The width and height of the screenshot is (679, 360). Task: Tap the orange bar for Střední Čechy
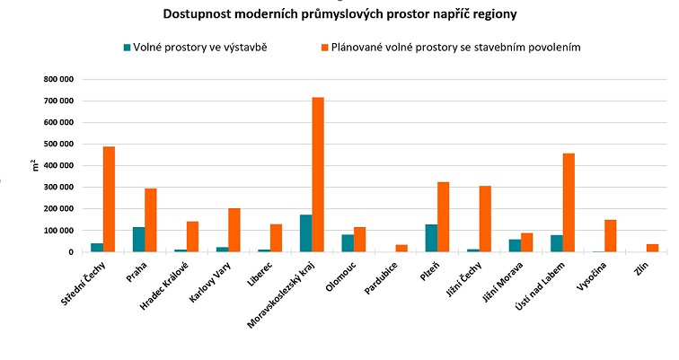pos(109,198)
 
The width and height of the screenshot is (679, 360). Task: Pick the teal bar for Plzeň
pos(431,238)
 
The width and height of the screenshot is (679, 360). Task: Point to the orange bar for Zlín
pos(652,247)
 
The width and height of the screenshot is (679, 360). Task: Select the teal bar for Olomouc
pos(347,242)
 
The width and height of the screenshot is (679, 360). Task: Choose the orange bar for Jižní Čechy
pos(484,218)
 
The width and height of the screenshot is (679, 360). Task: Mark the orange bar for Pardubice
pos(401,248)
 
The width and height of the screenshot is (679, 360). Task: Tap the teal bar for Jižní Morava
pos(514,245)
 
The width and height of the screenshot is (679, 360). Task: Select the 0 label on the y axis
pos(69,252)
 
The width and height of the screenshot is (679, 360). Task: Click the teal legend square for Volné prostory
pos(128,47)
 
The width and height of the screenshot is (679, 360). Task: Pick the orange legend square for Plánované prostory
pos(324,47)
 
